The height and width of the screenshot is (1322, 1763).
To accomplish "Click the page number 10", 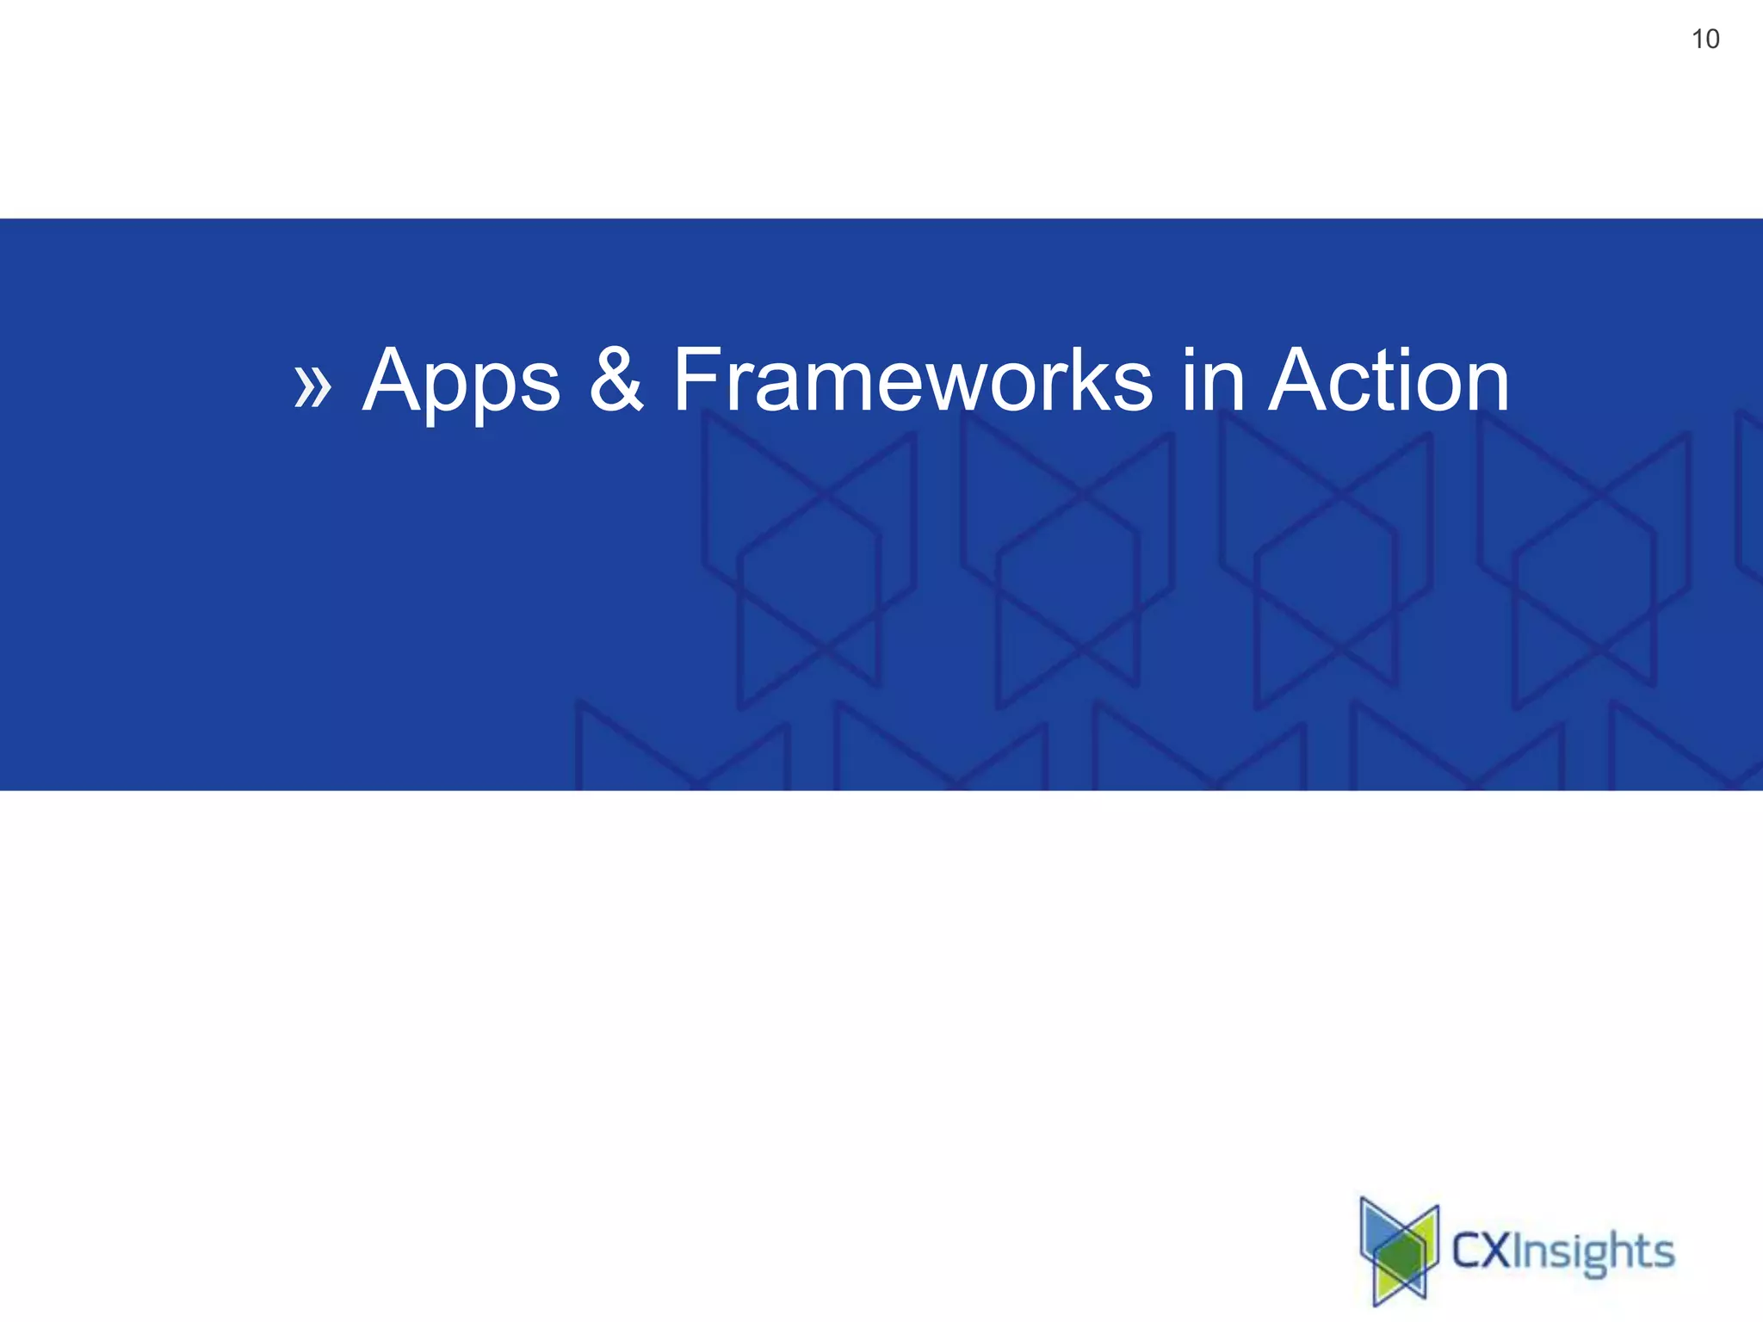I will tap(1704, 40).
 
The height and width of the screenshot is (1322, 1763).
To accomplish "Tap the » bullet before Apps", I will tap(312, 385).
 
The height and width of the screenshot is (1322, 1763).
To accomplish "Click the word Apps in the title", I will tap(461, 381).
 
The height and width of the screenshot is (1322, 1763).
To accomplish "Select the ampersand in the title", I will tap(616, 380).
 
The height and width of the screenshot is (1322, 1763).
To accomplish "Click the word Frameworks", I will tap(912, 380).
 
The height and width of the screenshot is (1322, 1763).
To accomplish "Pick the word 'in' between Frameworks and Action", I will tap(1212, 380).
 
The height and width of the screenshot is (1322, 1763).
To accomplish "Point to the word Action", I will tap(1389, 380).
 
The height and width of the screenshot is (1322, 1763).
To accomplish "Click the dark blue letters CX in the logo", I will tap(1481, 1251).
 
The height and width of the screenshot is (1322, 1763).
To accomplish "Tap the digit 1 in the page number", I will tap(1697, 40).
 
